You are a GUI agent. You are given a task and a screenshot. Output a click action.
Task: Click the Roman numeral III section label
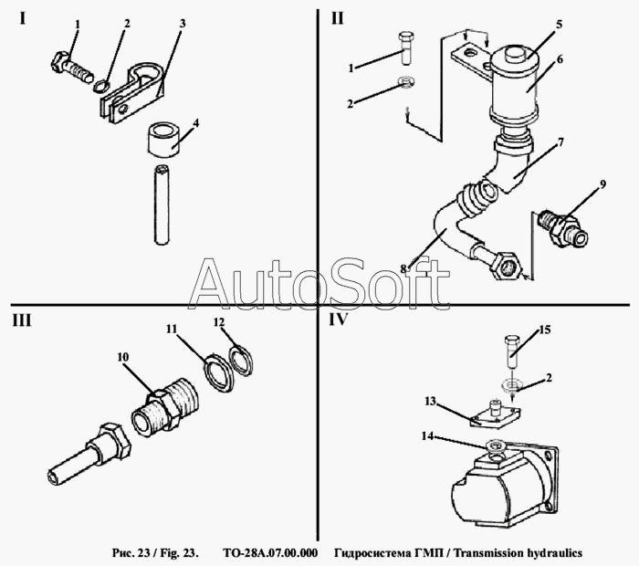point(22,321)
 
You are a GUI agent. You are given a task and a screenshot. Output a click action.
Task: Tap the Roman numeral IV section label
point(338,320)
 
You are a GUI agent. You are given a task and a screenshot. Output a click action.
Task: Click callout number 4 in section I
point(196,122)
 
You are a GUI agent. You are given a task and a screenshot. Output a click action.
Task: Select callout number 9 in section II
point(602,184)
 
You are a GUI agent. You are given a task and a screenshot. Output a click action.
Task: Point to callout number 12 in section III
point(219,322)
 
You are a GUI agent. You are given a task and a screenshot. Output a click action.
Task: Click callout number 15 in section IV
point(545,330)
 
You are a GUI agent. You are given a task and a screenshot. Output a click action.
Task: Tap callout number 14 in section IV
point(427,436)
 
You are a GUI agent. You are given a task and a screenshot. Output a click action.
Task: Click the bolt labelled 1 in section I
point(72,68)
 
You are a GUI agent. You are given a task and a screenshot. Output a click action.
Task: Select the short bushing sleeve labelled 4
point(162,141)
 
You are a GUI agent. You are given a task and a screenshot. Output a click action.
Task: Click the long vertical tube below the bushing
point(162,204)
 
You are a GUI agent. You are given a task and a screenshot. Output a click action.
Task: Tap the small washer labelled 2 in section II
point(406,81)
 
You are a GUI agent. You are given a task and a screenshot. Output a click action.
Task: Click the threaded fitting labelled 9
point(562,228)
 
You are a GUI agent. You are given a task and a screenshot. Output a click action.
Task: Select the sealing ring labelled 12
point(242,360)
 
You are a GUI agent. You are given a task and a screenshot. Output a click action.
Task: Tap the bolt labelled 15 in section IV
point(512,351)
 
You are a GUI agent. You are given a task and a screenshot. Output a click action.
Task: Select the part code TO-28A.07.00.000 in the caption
point(270,553)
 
